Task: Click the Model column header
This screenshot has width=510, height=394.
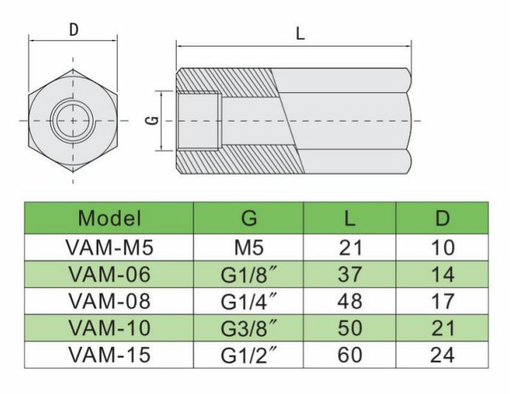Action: [109, 218]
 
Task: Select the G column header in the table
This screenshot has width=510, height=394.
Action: [249, 218]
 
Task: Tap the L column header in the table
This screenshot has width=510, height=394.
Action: [350, 218]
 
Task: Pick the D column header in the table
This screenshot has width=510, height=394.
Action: [442, 218]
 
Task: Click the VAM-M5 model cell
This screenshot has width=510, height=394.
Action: [109, 247]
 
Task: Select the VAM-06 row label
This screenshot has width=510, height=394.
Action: [109, 275]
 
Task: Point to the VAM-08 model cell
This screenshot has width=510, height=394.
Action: [109, 301]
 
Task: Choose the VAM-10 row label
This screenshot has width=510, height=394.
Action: [109, 328]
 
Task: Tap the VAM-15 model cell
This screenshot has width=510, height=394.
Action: [109, 355]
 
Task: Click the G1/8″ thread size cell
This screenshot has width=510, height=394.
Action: [249, 275]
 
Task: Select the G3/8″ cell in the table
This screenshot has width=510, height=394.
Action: [249, 328]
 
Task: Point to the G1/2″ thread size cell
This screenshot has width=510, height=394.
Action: [249, 355]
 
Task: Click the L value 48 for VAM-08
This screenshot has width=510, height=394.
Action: [350, 301]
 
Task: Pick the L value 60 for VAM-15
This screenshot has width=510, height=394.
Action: [350, 355]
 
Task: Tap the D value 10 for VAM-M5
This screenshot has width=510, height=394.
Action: [442, 247]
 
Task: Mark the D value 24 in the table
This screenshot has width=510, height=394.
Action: [442, 355]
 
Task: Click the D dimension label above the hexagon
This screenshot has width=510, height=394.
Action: [73, 30]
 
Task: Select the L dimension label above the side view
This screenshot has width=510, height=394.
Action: [300, 33]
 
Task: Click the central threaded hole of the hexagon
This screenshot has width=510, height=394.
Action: [73, 119]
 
